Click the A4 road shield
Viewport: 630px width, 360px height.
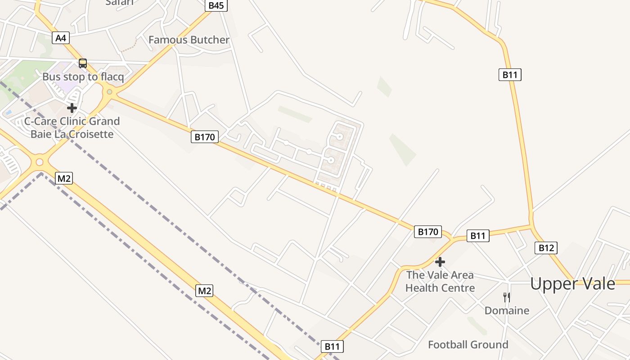[61, 38]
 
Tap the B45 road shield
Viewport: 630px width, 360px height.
[216, 5]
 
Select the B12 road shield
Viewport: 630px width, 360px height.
[546, 247]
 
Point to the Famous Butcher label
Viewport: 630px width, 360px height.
[189, 40]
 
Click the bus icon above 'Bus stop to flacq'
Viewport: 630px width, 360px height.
[83, 63]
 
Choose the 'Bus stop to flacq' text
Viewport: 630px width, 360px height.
[83, 77]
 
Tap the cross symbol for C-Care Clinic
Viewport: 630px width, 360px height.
[72, 108]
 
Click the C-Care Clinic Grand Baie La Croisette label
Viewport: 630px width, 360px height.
[72, 127]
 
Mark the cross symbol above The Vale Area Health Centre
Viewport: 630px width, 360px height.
[440, 261]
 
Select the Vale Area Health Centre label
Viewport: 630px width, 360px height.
[440, 281]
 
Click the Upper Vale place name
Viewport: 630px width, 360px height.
[572, 284]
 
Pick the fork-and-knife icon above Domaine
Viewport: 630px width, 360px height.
[507, 297]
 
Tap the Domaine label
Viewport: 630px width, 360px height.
[507, 310]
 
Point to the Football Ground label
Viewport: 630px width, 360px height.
[468, 345]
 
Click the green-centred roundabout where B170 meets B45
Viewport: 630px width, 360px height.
[109, 92]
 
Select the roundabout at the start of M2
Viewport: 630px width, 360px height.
[40, 162]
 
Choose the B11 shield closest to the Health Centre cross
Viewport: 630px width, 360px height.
[477, 235]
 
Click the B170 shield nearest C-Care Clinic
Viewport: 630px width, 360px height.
[205, 137]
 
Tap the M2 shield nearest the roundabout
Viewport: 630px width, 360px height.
[63, 178]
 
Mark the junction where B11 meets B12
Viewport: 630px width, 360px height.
[532, 225]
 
